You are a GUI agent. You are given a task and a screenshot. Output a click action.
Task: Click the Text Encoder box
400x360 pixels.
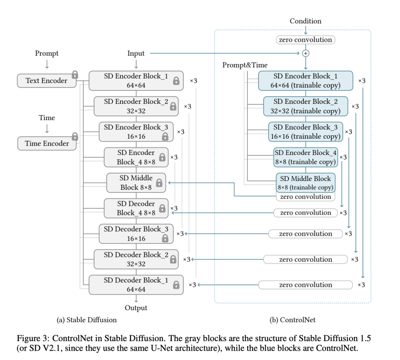(x=47, y=81)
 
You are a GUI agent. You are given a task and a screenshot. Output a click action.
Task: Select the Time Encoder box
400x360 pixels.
(x=47, y=143)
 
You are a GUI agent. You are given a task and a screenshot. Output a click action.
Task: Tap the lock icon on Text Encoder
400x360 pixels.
(x=75, y=75)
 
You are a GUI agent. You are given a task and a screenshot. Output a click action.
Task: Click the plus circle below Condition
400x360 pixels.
(x=306, y=53)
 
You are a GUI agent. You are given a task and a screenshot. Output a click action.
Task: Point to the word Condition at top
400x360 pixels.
(x=306, y=21)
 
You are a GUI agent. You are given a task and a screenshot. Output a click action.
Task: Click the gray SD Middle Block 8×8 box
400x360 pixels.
(x=136, y=183)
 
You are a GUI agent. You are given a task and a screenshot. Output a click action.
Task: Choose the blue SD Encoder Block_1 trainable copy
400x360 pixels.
(x=306, y=81)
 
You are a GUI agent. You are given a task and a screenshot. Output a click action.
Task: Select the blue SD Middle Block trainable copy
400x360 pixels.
(x=306, y=183)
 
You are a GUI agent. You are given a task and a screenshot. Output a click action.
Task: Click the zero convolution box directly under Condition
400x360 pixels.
(x=306, y=40)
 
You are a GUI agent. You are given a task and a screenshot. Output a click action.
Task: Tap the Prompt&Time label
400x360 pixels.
(x=245, y=65)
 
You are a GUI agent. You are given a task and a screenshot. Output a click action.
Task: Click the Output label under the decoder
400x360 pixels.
(x=136, y=308)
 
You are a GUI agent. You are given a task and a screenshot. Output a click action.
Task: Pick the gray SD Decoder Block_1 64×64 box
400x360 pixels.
(x=136, y=285)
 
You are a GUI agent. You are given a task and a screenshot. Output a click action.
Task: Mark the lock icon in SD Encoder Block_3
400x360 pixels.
(x=165, y=136)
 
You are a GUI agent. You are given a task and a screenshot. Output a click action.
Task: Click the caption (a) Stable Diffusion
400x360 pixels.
(x=87, y=320)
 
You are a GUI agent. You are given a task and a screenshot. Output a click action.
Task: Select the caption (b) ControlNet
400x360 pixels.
(x=293, y=320)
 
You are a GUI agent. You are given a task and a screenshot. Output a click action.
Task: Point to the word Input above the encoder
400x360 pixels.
(x=136, y=53)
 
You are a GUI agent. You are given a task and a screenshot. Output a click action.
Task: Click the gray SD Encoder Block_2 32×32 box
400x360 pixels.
(x=136, y=106)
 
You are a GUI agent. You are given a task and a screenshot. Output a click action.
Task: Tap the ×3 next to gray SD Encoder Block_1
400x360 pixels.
(x=194, y=81)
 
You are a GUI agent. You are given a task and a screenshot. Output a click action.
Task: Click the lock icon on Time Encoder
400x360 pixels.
(x=75, y=136)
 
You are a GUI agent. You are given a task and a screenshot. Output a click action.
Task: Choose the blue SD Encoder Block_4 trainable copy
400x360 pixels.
(x=306, y=157)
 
